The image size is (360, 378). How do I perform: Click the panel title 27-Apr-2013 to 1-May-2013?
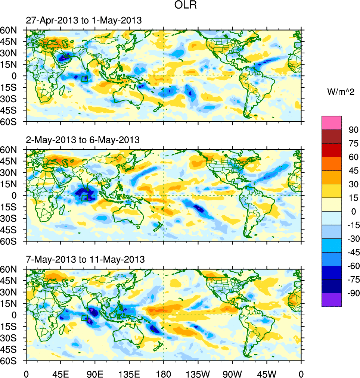pos(84,21)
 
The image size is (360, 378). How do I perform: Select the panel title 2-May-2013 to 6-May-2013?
pos(83,140)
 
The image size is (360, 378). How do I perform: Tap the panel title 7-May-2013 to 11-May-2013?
pos(85,259)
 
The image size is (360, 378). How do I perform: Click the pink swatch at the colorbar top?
pos(332,122)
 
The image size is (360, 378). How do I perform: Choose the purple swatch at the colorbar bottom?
pos(332,300)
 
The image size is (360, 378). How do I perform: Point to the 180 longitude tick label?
pos(164,373)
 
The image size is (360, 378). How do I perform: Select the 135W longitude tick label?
pos(198,373)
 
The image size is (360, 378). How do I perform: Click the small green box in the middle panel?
pos(84,198)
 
